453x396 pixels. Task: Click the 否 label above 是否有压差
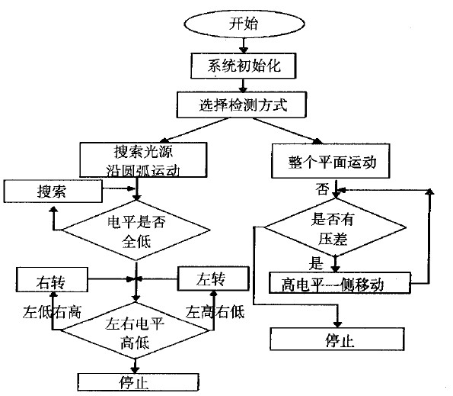(x=323, y=187)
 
